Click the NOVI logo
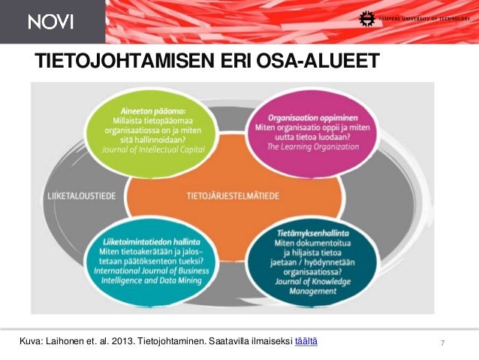coord(51,22)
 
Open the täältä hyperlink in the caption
coord(306,342)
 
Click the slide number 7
coord(443,343)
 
